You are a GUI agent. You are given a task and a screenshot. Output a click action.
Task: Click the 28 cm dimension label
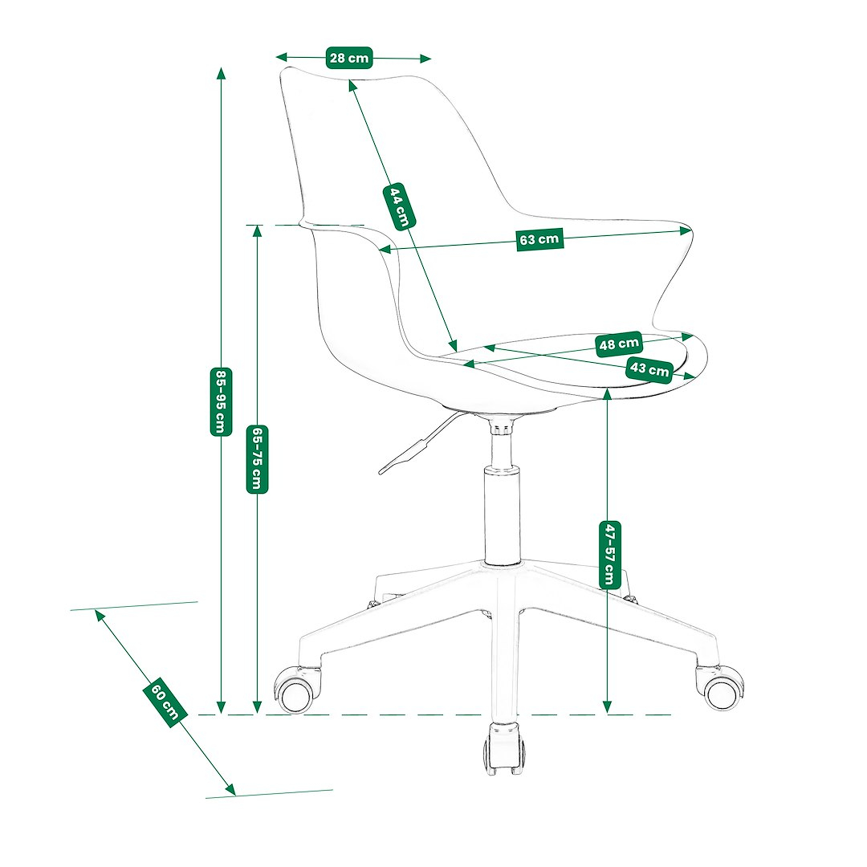(349, 58)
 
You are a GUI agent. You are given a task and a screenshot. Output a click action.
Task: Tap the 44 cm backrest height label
(399, 206)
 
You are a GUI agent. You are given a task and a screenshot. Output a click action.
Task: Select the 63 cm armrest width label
(539, 239)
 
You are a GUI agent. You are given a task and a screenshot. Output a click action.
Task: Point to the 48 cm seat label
(619, 344)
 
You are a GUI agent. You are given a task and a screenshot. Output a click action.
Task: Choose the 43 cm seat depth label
(649, 368)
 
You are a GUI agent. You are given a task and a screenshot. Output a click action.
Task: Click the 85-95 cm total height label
(221, 402)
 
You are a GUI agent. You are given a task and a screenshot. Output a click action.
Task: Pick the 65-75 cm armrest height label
(257, 459)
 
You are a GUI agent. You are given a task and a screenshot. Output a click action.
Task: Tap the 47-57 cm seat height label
(609, 555)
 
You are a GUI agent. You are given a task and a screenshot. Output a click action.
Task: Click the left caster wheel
(295, 690)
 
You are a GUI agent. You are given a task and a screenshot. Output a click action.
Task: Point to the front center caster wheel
(504, 748)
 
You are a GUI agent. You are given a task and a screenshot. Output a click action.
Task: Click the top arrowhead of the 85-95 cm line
(222, 74)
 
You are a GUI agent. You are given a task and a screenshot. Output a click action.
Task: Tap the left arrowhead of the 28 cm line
(282, 56)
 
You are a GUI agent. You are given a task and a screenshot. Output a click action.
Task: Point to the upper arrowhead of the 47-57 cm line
(607, 393)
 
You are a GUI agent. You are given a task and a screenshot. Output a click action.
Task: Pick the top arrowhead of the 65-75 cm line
(257, 231)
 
